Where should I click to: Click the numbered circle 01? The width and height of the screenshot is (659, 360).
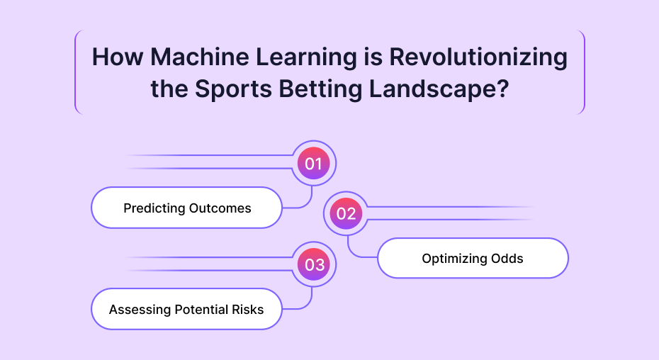(x=313, y=163)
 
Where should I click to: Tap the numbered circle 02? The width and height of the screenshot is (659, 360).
(x=346, y=213)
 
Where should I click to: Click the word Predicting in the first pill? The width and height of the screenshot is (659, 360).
(x=154, y=208)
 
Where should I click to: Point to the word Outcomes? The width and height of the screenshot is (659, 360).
(x=220, y=208)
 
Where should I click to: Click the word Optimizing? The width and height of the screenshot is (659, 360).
(x=449, y=259)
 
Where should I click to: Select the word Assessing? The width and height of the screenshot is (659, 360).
(x=140, y=310)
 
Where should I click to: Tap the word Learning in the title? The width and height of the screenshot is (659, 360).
(x=307, y=57)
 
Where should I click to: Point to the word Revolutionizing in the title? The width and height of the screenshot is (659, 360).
(x=478, y=57)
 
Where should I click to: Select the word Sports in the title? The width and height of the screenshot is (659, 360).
(x=233, y=89)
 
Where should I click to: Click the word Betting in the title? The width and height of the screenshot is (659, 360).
(x=320, y=89)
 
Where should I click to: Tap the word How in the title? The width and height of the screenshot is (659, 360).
(x=118, y=57)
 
